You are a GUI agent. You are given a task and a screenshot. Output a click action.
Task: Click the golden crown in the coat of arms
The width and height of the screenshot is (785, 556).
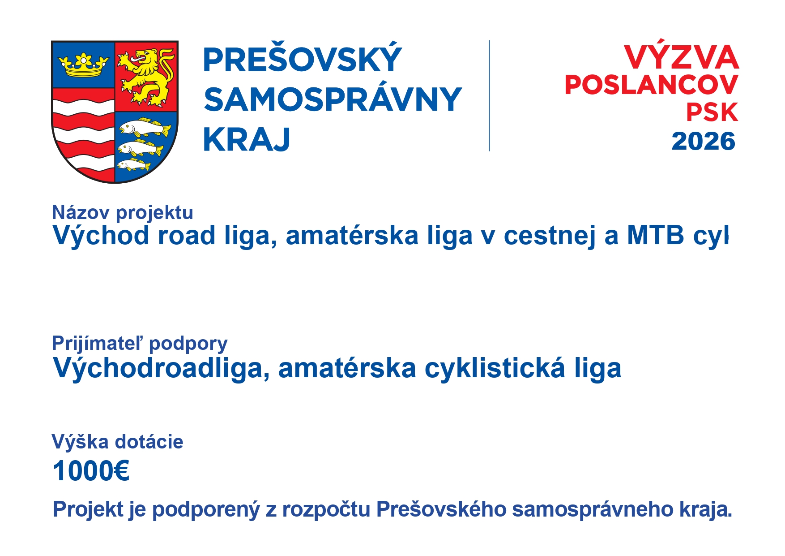click(83, 65)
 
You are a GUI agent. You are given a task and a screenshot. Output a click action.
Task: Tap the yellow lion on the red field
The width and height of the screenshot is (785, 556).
click(146, 77)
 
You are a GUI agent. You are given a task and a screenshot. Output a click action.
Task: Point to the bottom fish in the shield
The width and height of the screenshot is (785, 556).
click(133, 165)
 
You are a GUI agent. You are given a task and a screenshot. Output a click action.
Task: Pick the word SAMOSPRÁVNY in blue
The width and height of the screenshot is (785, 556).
click(333, 99)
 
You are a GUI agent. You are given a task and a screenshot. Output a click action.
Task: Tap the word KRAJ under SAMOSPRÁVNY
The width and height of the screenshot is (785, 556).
click(247, 140)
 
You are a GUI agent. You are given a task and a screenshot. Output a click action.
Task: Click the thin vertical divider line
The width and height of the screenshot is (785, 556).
click(489, 95)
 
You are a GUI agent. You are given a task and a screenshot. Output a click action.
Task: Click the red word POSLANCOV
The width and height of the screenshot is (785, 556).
click(651, 85)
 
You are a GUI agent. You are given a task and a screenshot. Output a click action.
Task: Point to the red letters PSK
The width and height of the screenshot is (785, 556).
click(712, 112)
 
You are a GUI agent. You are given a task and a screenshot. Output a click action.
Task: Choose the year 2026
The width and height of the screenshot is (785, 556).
click(703, 141)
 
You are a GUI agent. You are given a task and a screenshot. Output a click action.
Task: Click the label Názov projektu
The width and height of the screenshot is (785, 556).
click(123, 213)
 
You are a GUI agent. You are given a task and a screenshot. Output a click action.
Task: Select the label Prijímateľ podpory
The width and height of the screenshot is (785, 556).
click(140, 344)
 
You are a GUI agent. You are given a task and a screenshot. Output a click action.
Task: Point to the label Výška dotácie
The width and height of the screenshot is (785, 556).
click(118, 442)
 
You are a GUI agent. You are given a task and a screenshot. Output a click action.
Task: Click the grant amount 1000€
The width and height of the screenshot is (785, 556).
click(91, 471)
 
